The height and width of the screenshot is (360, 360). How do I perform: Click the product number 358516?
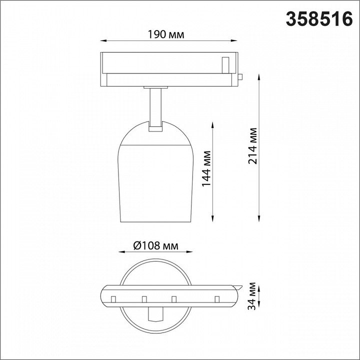(x=319, y=19)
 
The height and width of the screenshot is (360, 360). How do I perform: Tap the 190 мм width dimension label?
(x=166, y=34)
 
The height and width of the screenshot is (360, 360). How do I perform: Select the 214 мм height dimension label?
(x=252, y=146)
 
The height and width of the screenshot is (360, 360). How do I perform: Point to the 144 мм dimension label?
(x=206, y=168)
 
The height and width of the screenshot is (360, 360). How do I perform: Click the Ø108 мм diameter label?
(x=155, y=245)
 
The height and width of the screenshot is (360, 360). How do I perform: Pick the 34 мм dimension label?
(x=251, y=296)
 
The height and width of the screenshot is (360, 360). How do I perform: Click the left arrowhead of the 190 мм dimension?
(x=103, y=41)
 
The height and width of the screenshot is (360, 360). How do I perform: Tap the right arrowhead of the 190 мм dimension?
(x=233, y=41)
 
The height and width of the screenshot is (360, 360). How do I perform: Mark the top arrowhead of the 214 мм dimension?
(x=259, y=77)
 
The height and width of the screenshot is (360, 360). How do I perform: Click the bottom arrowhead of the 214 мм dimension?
(x=259, y=218)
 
